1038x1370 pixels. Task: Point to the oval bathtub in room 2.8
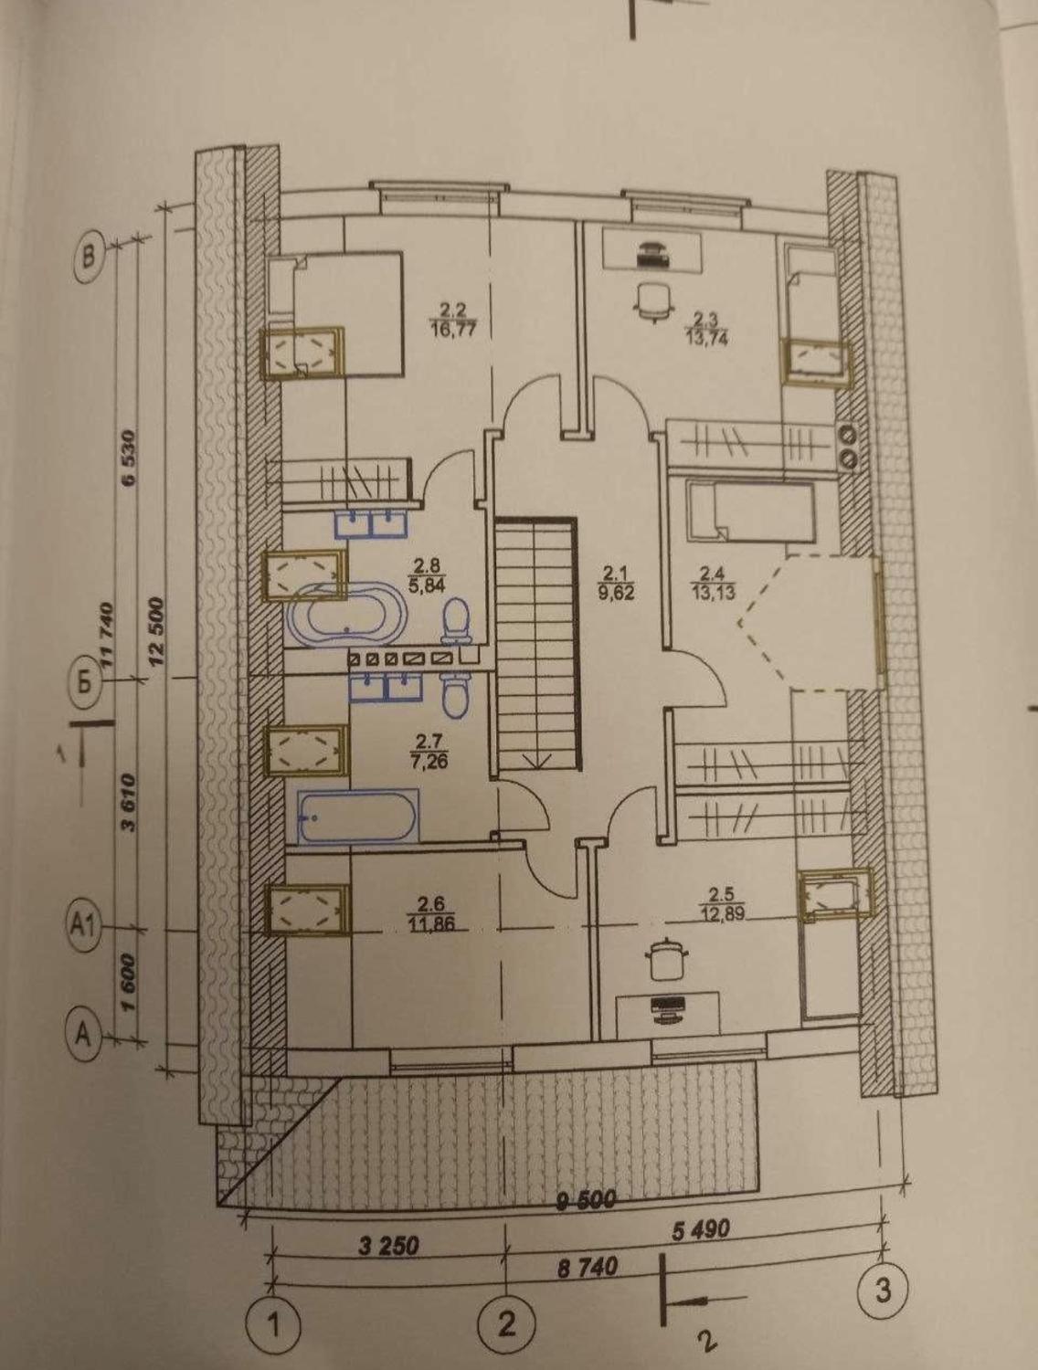[345, 615]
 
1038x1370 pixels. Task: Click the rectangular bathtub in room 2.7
[357, 817]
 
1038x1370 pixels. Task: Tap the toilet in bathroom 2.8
[456, 620]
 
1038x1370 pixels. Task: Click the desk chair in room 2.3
[653, 300]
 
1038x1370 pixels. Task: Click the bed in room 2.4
[750, 511]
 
